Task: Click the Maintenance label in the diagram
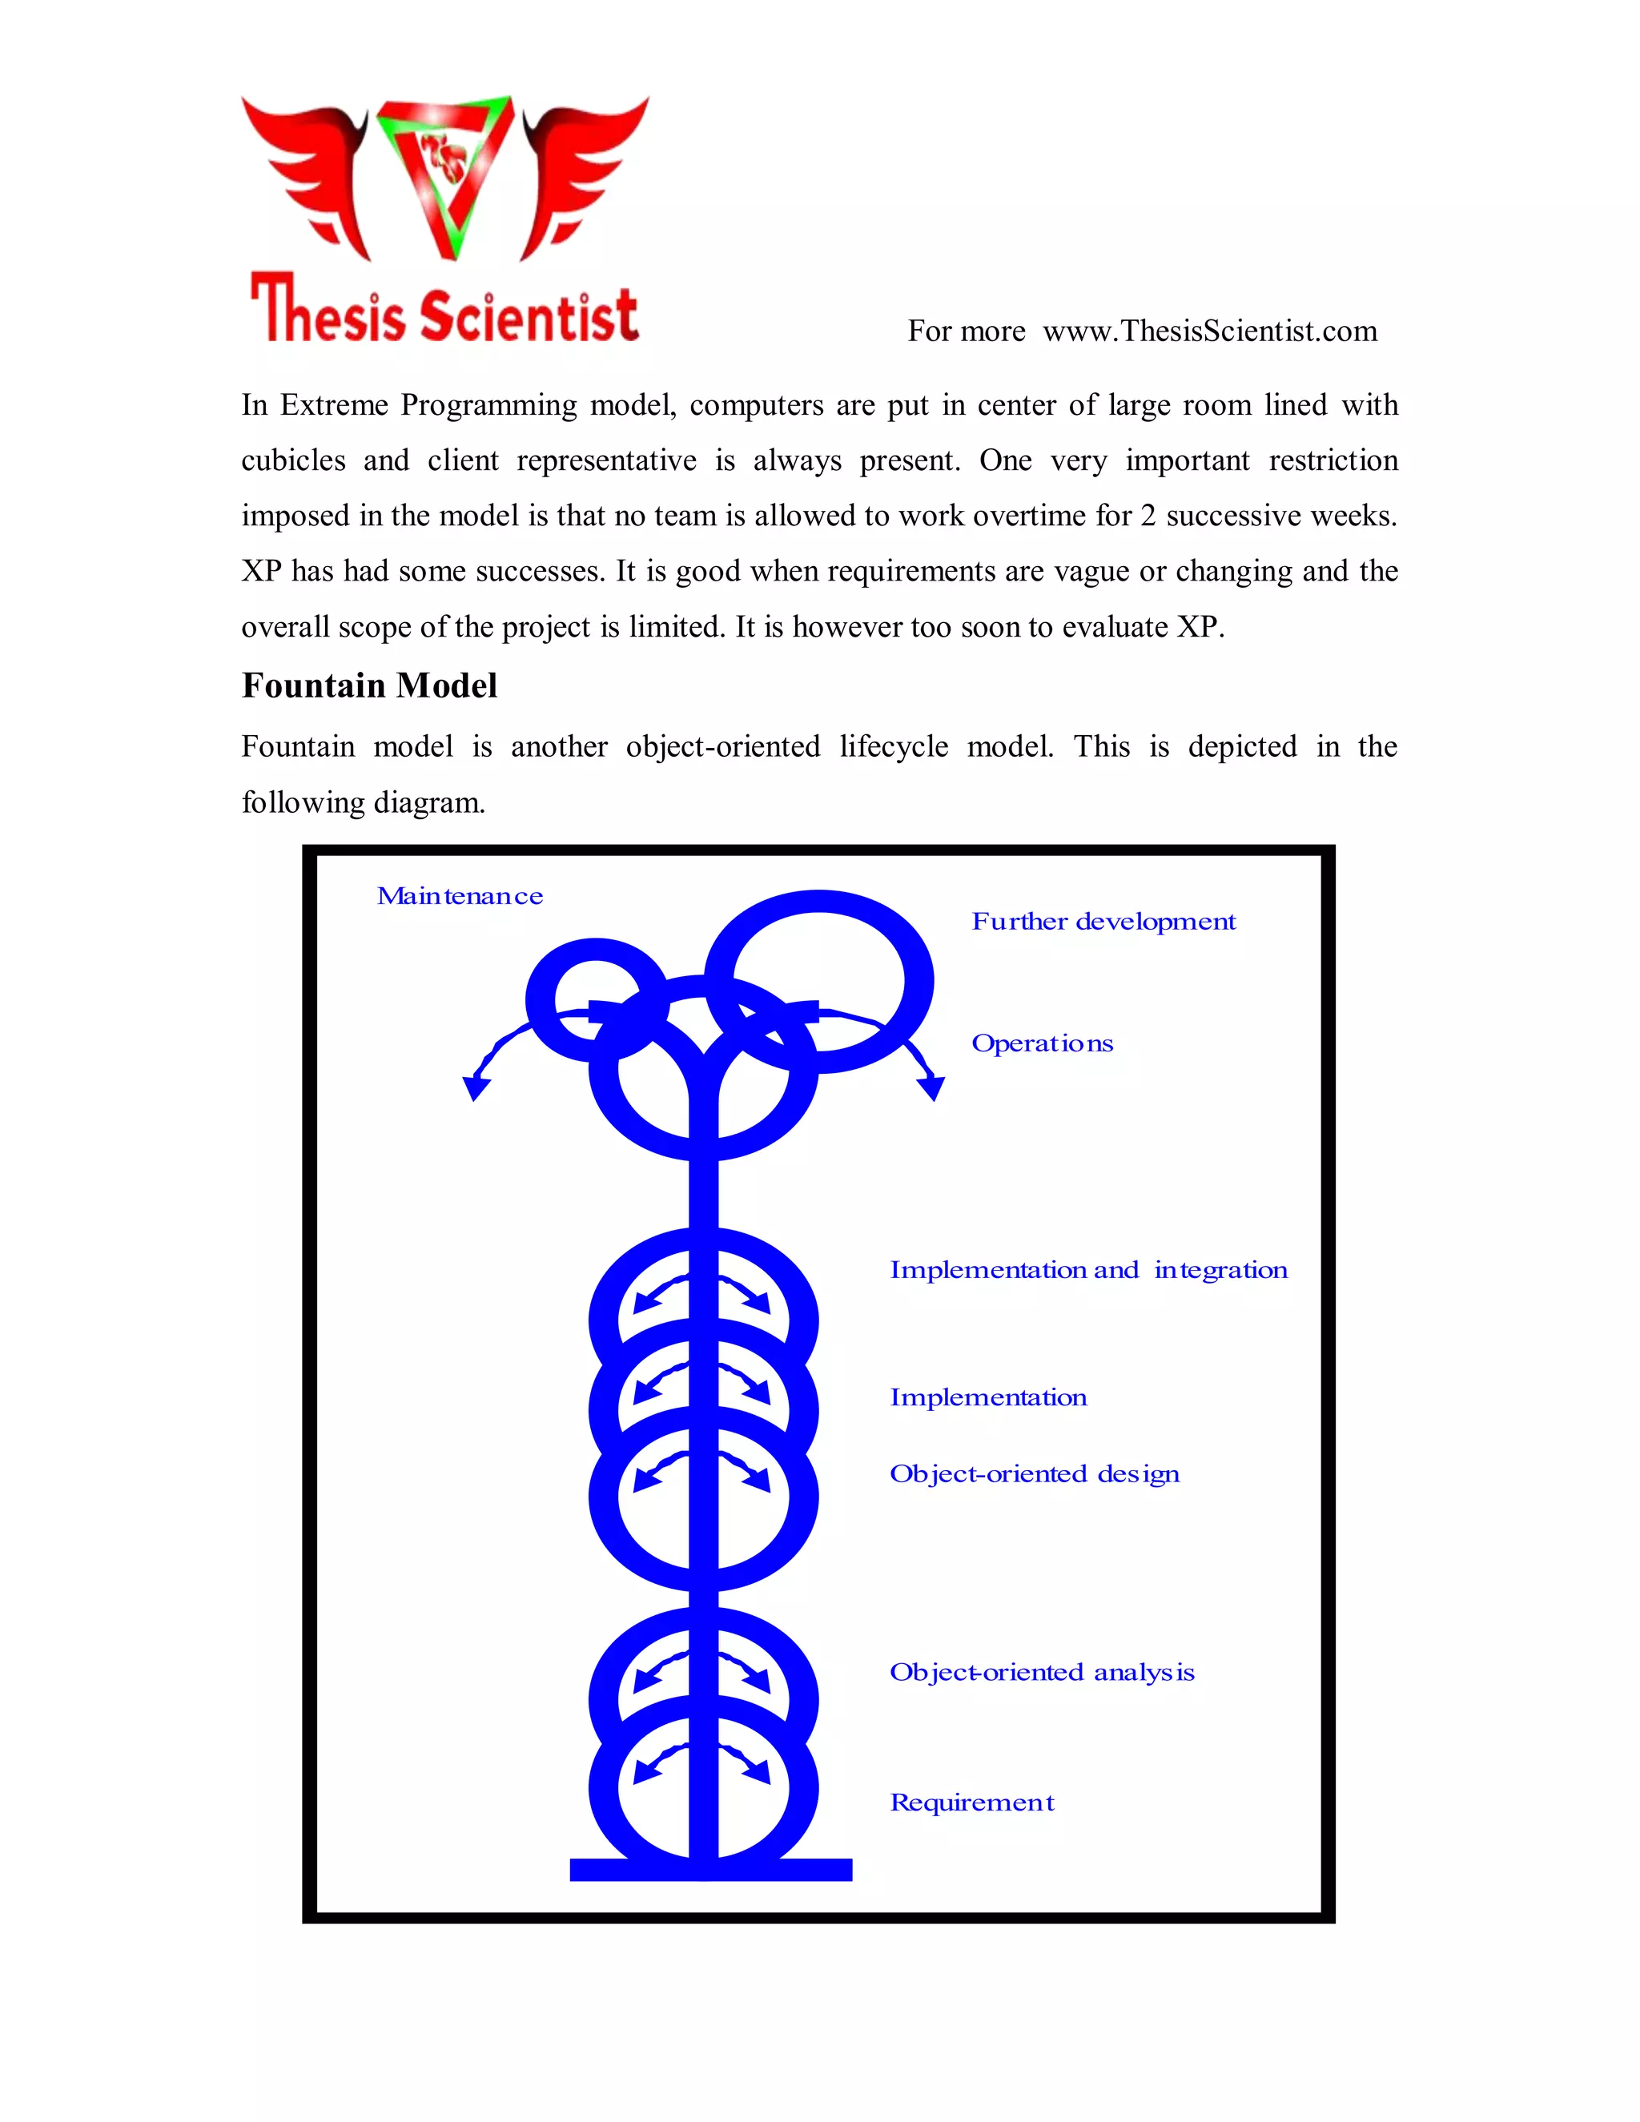460,896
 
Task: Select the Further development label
1103,921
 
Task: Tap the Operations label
1043,1043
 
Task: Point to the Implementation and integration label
1088,1270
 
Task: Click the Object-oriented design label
1035,1474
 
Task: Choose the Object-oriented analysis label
1042,1672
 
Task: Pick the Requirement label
971,1802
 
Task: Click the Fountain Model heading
369,686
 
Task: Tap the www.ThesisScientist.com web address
1210,332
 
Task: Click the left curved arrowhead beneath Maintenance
475,1087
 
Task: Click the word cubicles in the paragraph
293,460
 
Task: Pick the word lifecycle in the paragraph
894,746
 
